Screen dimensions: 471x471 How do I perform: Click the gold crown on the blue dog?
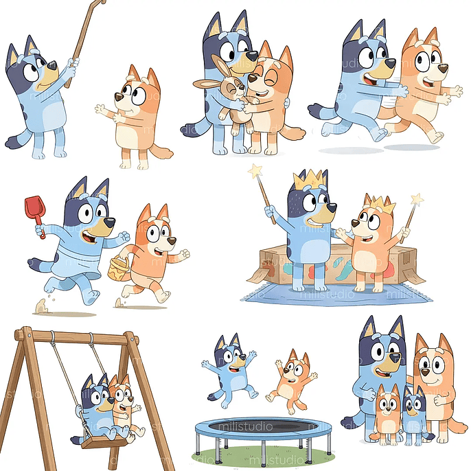coord(306,181)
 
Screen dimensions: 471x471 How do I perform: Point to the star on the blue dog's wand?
coord(255,169)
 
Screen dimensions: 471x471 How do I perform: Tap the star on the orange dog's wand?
coord(417,200)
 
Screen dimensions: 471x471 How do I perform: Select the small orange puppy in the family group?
coord(387,412)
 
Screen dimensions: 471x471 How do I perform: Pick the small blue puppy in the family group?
coord(414,413)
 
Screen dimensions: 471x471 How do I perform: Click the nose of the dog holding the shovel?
coord(109,222)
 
